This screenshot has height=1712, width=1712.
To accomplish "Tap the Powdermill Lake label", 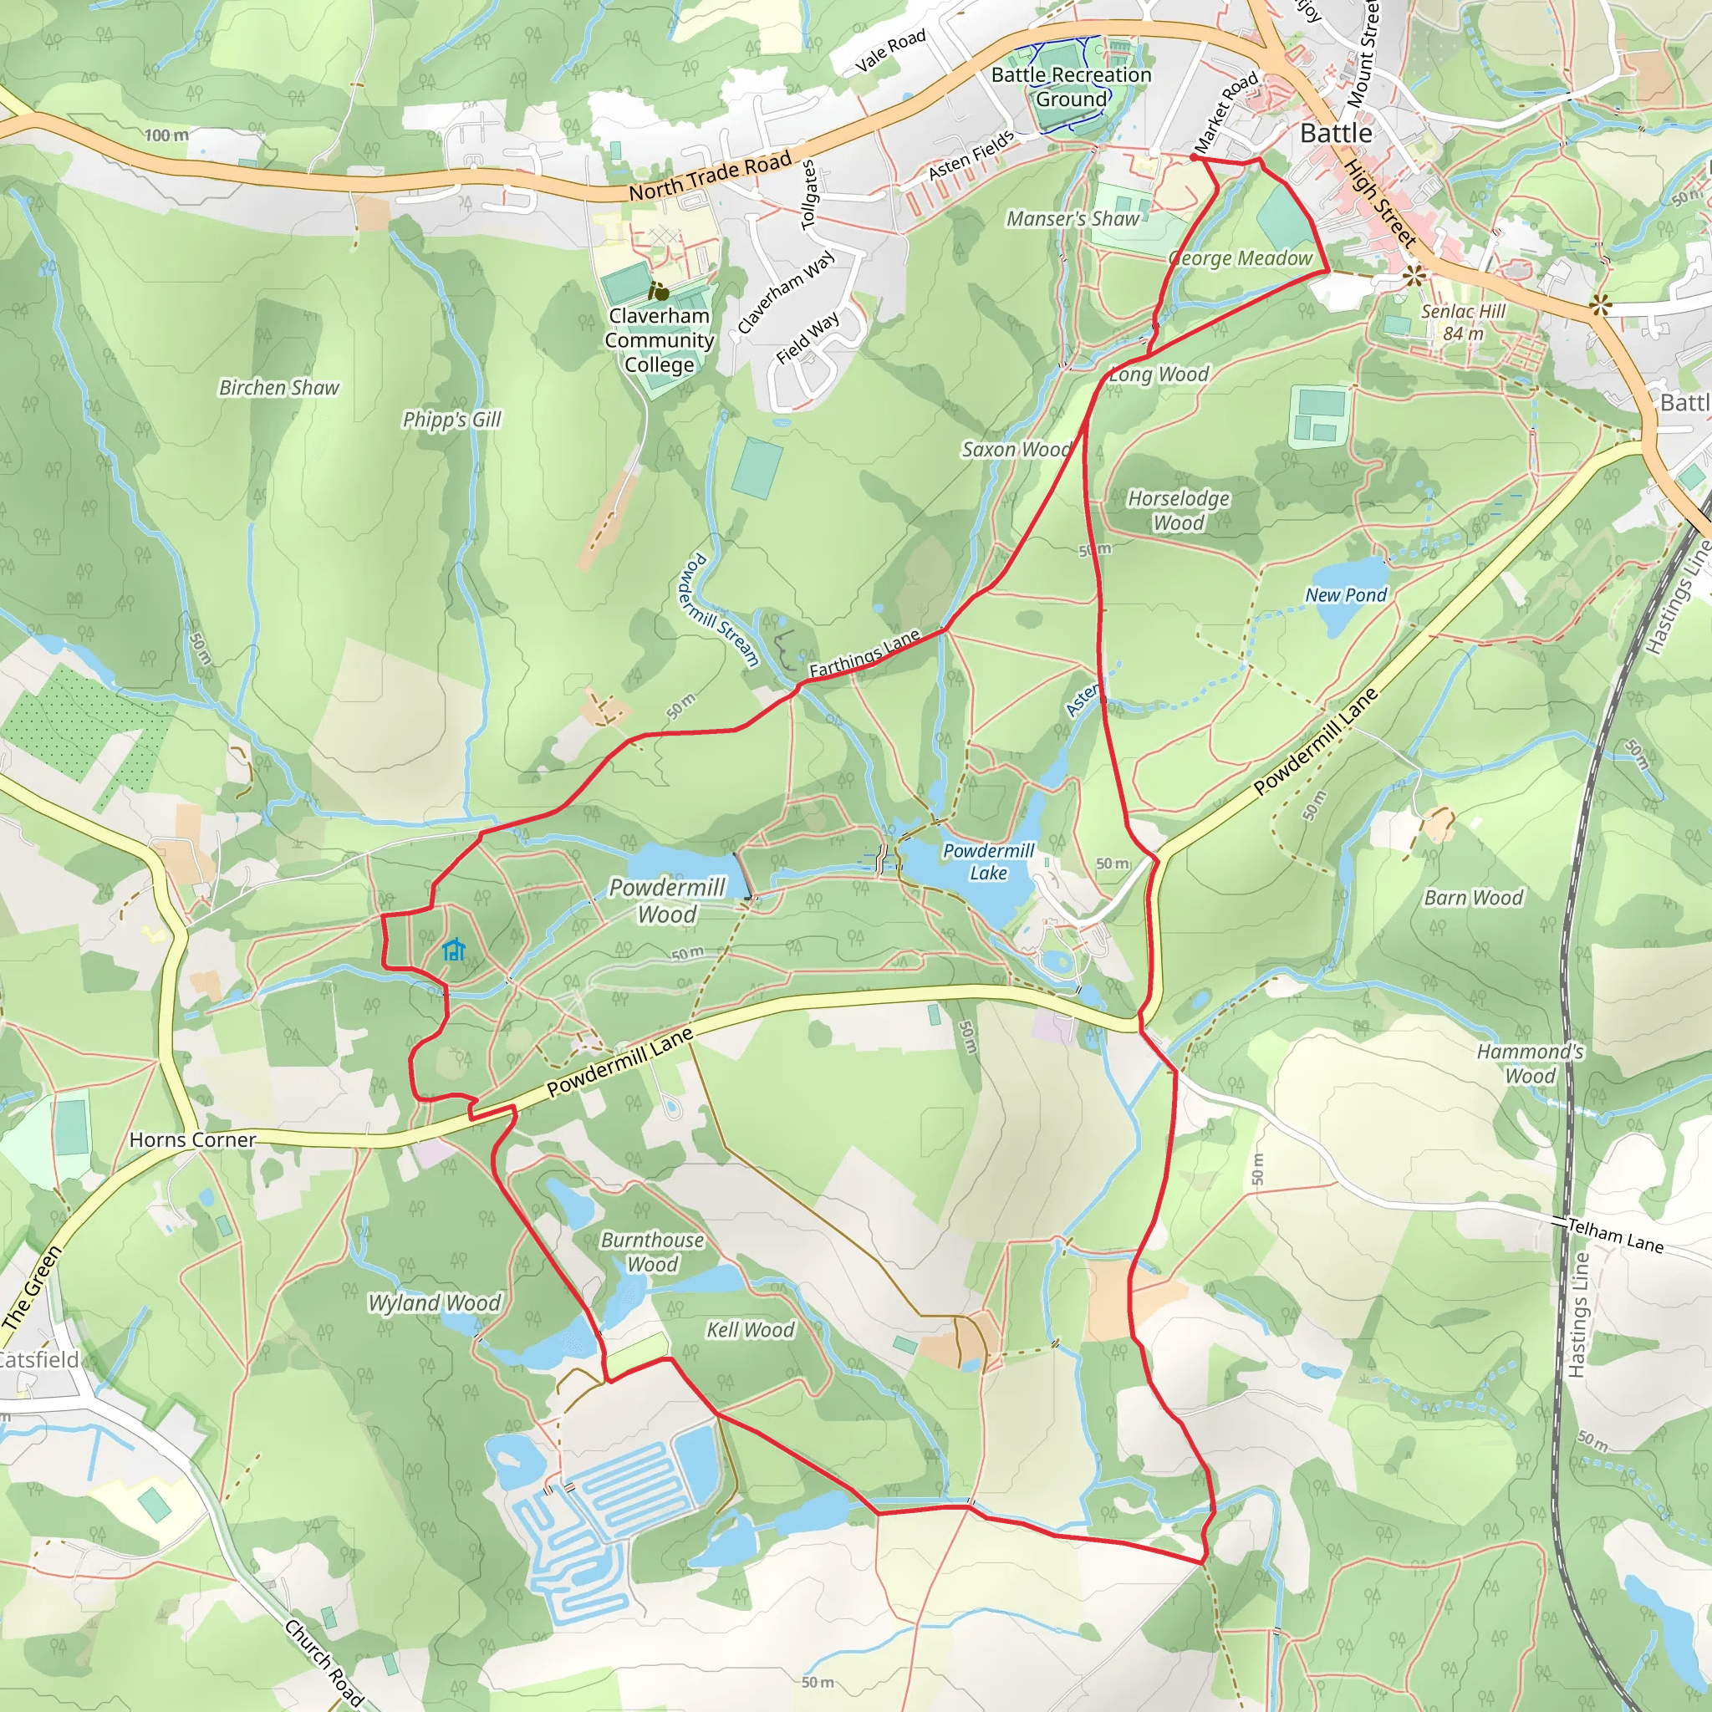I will (x=988, y=861).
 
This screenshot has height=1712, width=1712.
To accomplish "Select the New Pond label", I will (x=1345, y=594).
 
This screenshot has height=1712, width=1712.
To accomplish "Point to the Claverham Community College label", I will (x=660, y=340).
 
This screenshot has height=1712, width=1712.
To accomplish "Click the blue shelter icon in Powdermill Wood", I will (x=454, y=950).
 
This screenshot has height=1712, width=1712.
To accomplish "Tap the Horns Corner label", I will (x=192, y=1139).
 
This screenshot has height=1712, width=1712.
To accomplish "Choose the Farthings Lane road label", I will (x=864, y=654).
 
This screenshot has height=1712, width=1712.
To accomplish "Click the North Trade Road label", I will (x=709, y=176).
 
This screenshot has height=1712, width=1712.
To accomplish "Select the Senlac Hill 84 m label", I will (x=1463, y=323).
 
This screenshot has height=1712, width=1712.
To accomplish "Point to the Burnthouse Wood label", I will (x=652, y=1252).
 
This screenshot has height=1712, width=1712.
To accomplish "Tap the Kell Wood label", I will (x=750, y=1329).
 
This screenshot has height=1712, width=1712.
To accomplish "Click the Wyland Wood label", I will (x=434, y=1302).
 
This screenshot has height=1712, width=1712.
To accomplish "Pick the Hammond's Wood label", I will (x=1530, y=1063).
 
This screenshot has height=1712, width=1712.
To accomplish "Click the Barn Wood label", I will (x=1473, y=898).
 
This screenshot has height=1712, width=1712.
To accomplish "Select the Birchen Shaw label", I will (x=279, y=387).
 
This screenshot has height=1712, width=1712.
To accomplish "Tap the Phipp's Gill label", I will (x=452, y=419).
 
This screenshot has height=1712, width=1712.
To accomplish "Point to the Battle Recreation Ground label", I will (x=1072, y=87).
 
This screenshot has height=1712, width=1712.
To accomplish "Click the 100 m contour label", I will (x=166, y=135).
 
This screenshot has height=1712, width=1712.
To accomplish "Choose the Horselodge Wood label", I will (x=1178, y=511).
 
